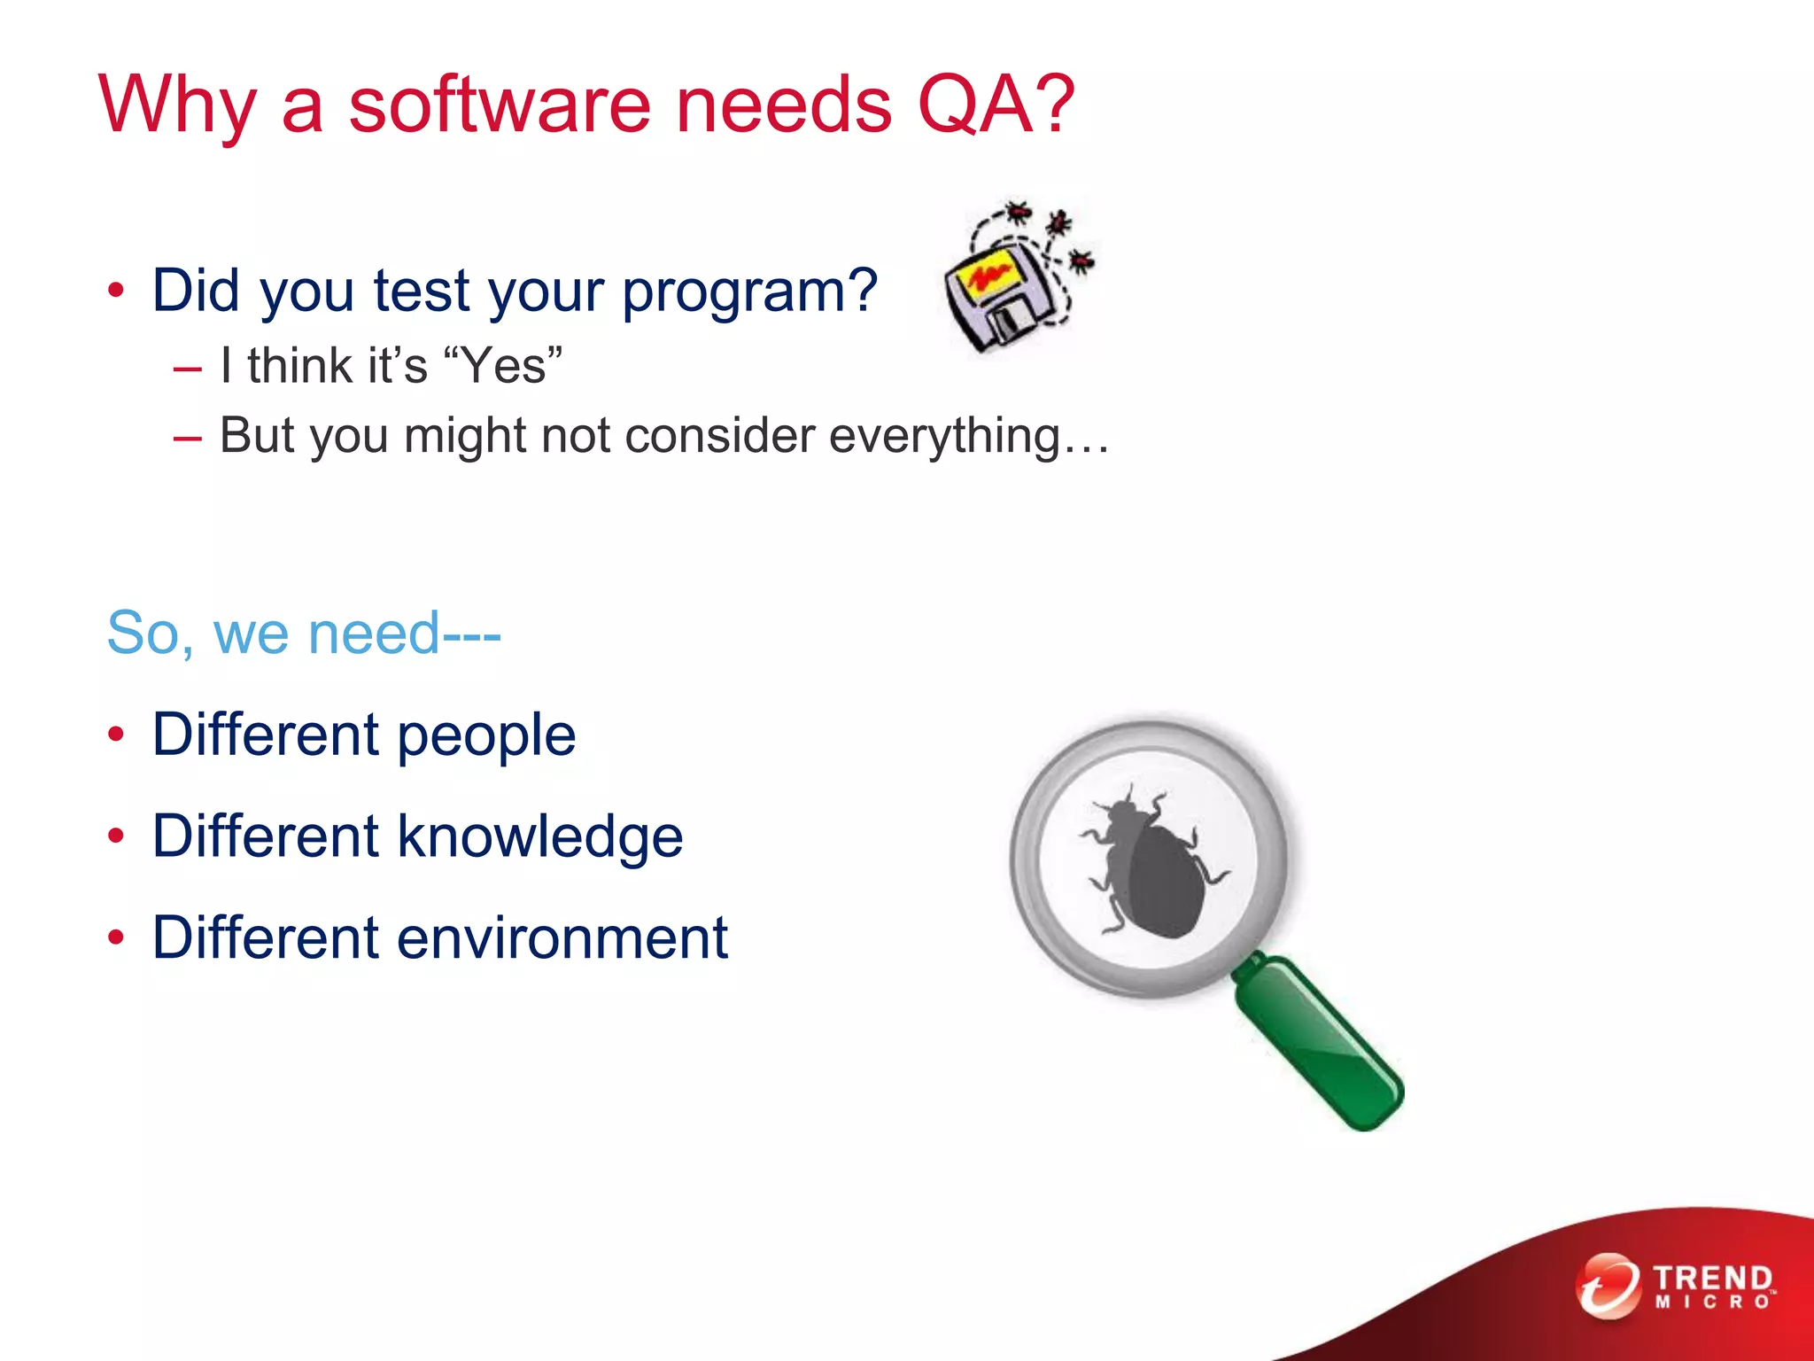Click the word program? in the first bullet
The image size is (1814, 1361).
(749, 292)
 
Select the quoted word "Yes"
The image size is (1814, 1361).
(502, 365)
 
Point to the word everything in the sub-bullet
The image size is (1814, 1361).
(944, 436)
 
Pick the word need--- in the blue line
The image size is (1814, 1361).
(404, 633)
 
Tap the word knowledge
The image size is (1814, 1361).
(539, 836)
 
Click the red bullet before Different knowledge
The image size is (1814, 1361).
(116, 836)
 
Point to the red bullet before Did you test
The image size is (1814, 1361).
(116, 291)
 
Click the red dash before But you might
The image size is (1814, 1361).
(188, 437)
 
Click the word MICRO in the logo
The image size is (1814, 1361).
(1711, 1303)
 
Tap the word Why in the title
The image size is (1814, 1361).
(177, 105)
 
